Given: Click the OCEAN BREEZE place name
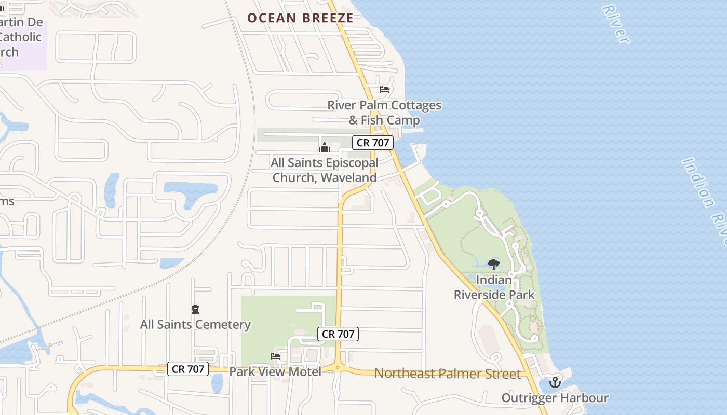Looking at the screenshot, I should [x=300, y=18].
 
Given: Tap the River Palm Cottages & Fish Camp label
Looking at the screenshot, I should [x=384, y=113].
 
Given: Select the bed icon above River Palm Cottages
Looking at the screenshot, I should [x=384, y=90].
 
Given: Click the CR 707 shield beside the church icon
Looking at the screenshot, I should [x=372, y=143].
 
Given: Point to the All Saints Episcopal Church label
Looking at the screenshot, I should [x=325, y=170].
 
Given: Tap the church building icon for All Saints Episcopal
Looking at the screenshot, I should [x=325, y=147].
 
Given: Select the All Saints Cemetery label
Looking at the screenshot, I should [x=195, y=325].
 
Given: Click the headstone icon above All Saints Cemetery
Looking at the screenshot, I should [x=195, y=310].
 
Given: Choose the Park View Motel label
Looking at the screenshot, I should [x=275, y=371].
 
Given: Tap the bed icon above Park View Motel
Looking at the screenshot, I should [x=275, y=356].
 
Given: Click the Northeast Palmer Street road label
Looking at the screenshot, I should [x=447, y=374].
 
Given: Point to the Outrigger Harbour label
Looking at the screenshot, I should [x=555, y=398].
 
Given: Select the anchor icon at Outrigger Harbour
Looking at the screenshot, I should [x=555, y=383].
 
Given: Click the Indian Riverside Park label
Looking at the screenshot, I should [x=494, y=287].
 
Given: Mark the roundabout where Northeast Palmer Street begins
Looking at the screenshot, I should [x=338, y=368].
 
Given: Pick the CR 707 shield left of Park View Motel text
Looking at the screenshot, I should [x=188, y=369].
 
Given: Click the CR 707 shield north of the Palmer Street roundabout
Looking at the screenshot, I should [x=338, y=334].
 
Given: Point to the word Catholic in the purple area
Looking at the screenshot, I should [x=21, y=37].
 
